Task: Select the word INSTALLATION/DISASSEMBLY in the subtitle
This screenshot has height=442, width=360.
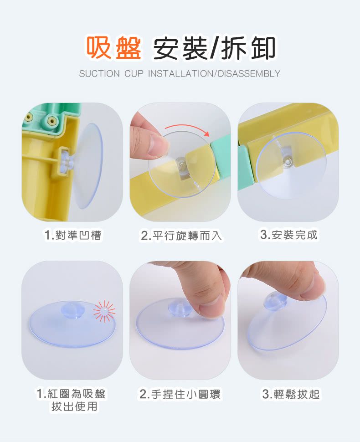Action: [214, 74]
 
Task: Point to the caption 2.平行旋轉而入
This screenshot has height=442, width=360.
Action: [181, 236]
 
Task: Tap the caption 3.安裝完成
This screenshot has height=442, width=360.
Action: [288, 235]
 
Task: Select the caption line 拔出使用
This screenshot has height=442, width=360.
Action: [74, 406]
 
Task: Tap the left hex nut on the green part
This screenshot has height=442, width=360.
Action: [29, 117]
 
